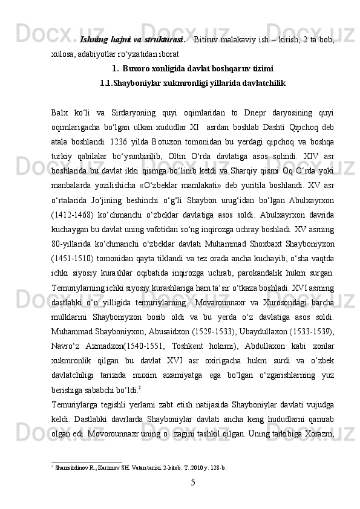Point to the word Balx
click(61, 112)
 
